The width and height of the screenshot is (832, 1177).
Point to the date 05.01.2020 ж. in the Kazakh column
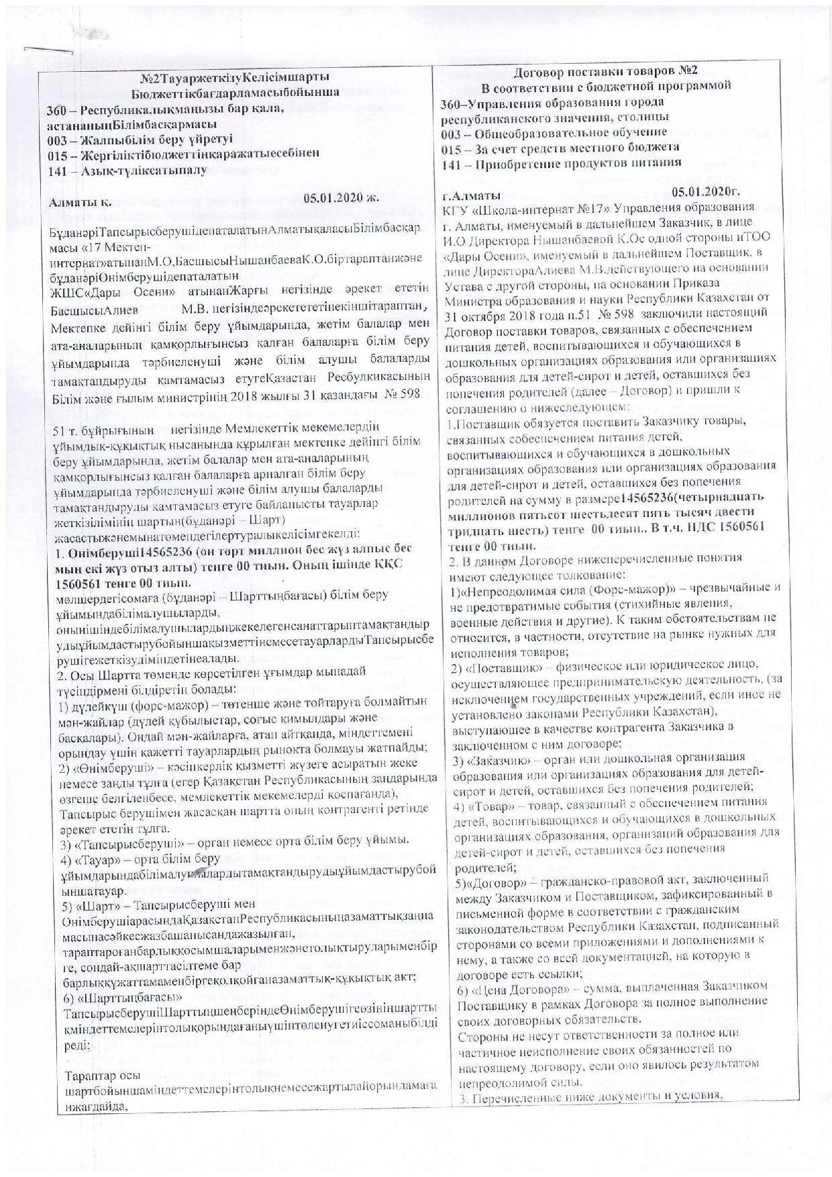coord(341,197)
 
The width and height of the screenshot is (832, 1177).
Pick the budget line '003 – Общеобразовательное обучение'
coord(554,132)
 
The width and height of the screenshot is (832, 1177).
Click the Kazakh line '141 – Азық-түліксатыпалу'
coord(127,170)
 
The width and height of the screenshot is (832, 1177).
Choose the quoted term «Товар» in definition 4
coord(474,803)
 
